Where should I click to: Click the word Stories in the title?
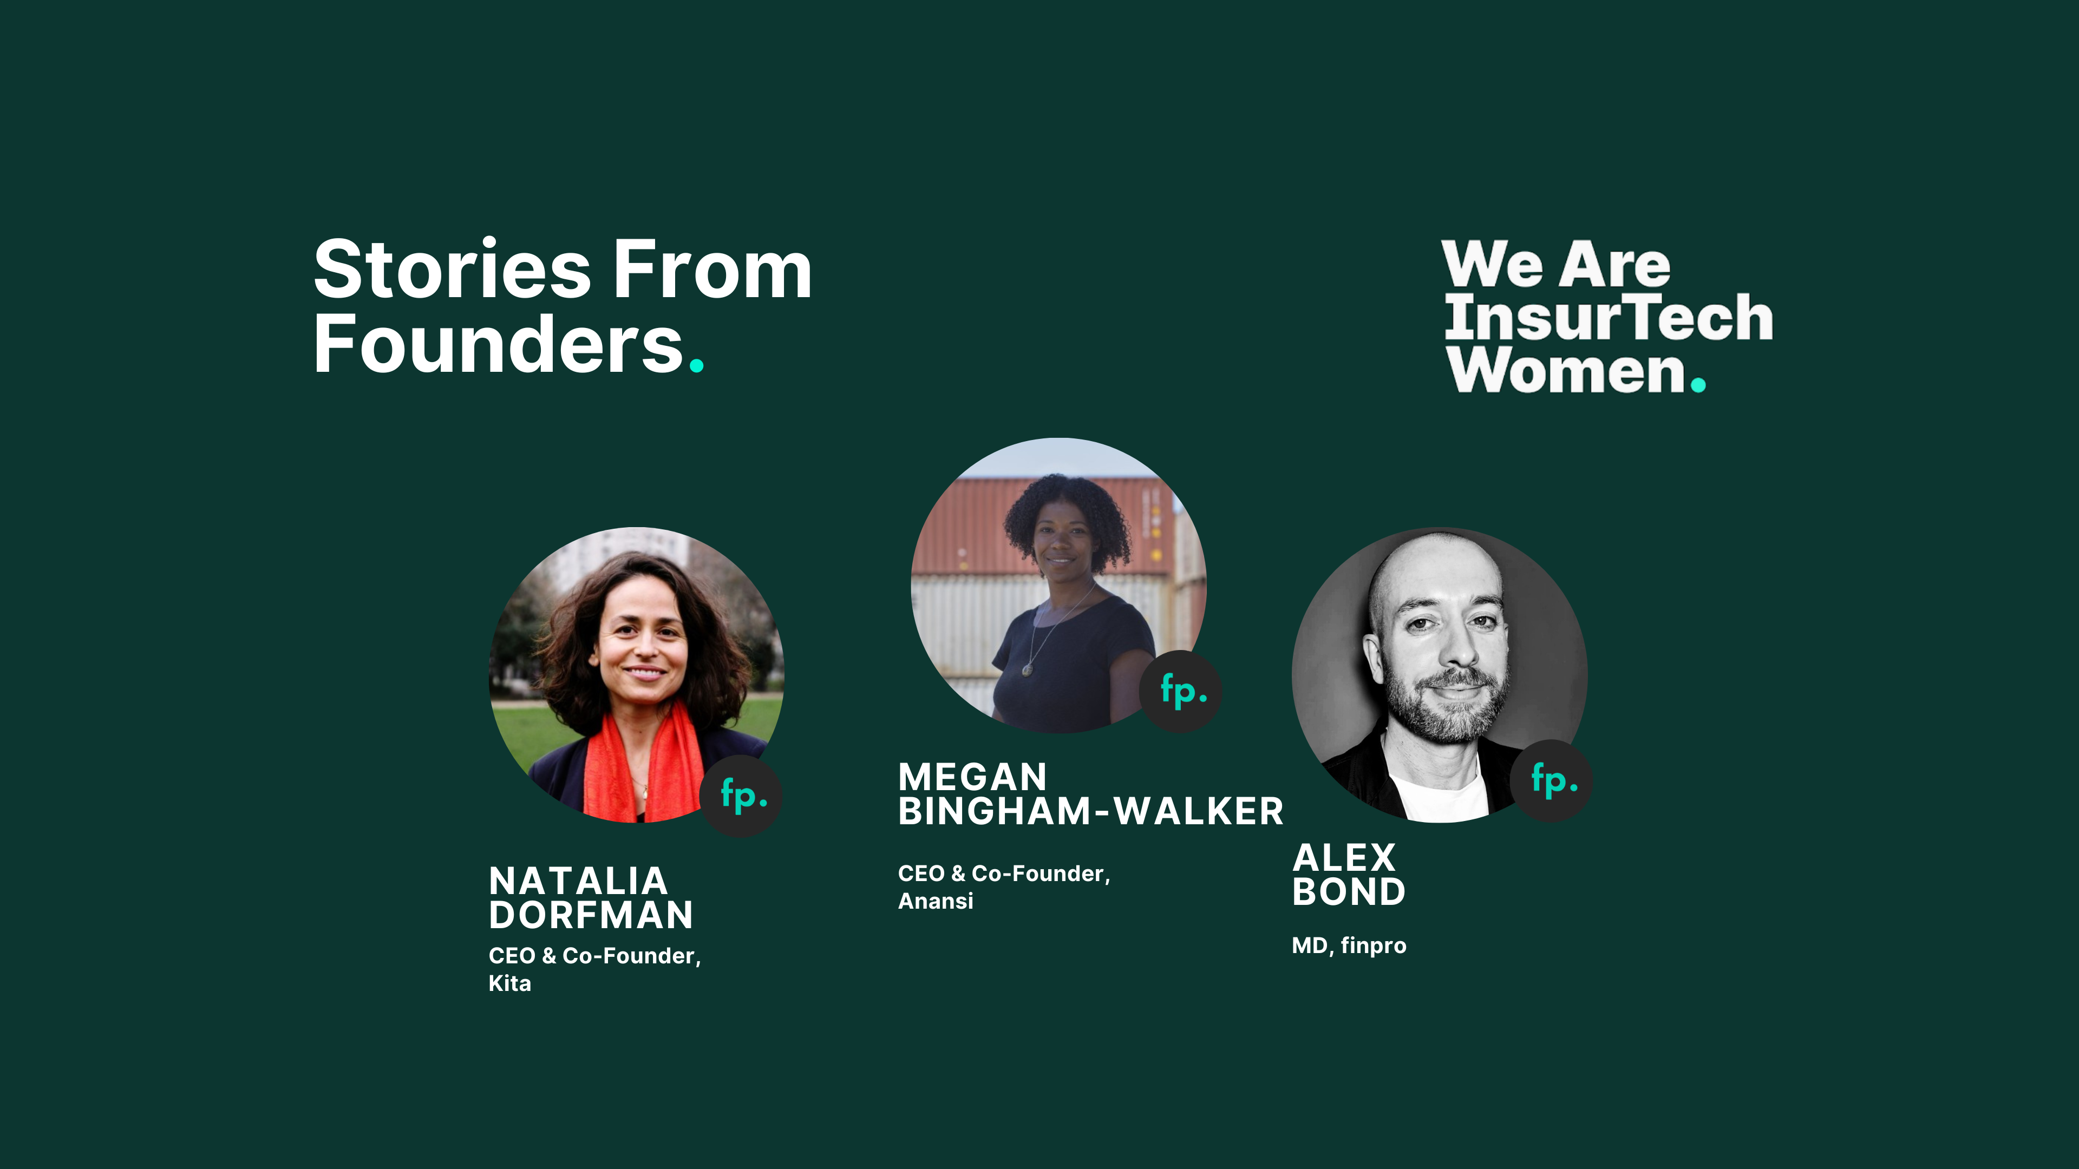point(453,270)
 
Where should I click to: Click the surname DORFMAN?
point(591,915)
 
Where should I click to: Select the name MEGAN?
point(972,778)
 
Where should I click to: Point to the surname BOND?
point(1349,891)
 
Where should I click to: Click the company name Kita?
point(510,983)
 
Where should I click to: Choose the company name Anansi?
point(936,901)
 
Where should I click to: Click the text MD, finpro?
point(1349,945)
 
